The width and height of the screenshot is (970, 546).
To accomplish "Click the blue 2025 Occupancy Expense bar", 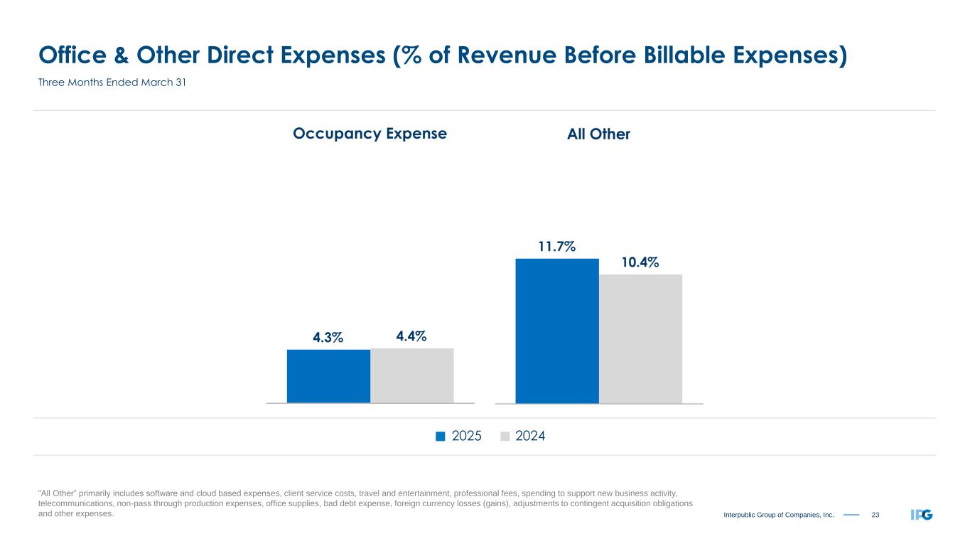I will pyautogui.click(x=328, y=376).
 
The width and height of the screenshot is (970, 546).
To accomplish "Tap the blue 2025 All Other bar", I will pyautogui.click(x=557, y=331).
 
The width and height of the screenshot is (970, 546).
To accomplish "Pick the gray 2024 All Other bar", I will pyautogui.click(x=640, y=338).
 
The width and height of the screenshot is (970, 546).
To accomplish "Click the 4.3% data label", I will pyautogui.click(x=328, y=338).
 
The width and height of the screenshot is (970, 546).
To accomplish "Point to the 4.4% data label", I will pyautogui.click(x=411, y=336).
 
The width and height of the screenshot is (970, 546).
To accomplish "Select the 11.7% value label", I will pyautogui.click(x=556, y=247).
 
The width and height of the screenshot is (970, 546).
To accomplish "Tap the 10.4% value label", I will pyautogui.click(x=640, y=262).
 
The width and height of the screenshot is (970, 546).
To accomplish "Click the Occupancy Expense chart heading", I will pyautogui.click(x=370, y=134).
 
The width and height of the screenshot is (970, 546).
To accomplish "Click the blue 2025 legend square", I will pyautogui.click(x=440, y=437).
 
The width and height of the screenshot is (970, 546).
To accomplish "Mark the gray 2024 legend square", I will pyautogui.click(x=505, y=437).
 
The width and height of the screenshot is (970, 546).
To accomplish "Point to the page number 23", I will pyautogui.click(x=875, y=514).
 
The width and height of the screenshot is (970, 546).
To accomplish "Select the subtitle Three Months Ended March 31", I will pyautogui.click(x=112, y=83).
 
